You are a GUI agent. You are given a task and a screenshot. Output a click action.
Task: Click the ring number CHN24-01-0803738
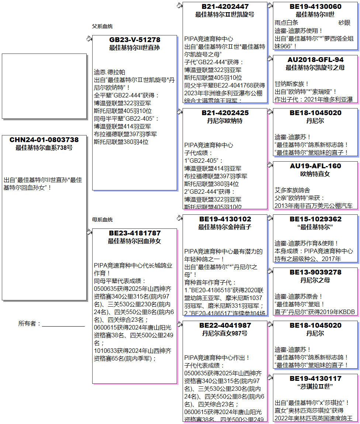coord(44,140)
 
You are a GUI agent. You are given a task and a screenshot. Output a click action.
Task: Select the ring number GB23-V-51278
coord(135,40)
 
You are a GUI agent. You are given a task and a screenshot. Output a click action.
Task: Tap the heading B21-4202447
coord(225,7)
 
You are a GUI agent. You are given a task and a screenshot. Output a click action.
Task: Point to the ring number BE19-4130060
coord(315,7)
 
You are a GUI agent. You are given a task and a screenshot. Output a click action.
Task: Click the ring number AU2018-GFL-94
coord(315,60)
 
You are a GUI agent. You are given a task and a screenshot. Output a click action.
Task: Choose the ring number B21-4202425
coord(225,113)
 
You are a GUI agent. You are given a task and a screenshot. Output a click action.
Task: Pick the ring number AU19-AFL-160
coord(315,166)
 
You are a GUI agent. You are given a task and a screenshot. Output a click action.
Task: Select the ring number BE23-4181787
coord(135,233)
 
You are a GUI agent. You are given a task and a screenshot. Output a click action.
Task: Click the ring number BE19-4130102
coord(225,219)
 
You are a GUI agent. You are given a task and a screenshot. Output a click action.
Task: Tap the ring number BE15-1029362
coord(315,219)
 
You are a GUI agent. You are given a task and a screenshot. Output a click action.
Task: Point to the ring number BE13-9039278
coord(315,272)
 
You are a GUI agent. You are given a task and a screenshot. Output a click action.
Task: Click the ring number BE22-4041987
coord(225,325)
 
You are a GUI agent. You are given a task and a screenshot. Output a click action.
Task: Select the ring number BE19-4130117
coord(315,379)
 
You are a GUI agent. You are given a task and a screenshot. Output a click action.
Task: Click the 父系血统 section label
coord(102,26)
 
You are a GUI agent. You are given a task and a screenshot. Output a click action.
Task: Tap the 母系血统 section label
coord(102,220)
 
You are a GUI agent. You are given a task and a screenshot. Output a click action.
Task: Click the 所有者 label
coord(29,324)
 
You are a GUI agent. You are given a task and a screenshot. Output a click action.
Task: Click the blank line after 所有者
coord(63,325)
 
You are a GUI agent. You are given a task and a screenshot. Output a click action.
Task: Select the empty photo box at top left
coord(44,86)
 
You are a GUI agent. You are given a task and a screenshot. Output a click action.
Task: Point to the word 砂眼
coord(344,23)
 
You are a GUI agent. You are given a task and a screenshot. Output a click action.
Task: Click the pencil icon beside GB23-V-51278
coord(89,38)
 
